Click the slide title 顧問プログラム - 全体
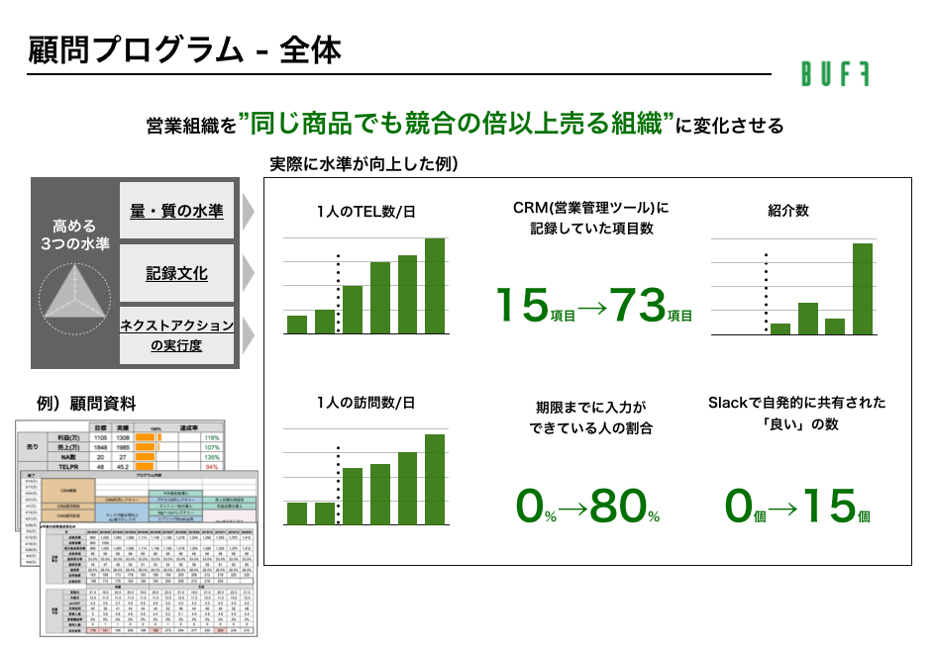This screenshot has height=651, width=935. click(184, 49)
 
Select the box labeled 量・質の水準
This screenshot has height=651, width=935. click(177, 211)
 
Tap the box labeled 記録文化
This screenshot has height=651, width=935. click(177, 273)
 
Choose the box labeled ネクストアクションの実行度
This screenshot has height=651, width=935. click(177, 334)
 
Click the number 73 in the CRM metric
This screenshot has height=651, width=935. click(637, 306)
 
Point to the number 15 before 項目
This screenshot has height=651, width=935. click(522, 306)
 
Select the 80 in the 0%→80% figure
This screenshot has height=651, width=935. click(618, 506)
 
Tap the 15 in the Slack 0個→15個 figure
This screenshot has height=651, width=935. click(829, 506)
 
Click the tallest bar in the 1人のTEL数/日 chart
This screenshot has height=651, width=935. click(435, 286)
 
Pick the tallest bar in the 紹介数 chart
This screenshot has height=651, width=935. click(863, 288)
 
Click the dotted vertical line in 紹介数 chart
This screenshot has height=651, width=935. click(765, 293)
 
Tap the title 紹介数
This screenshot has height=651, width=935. click(787, 210)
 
